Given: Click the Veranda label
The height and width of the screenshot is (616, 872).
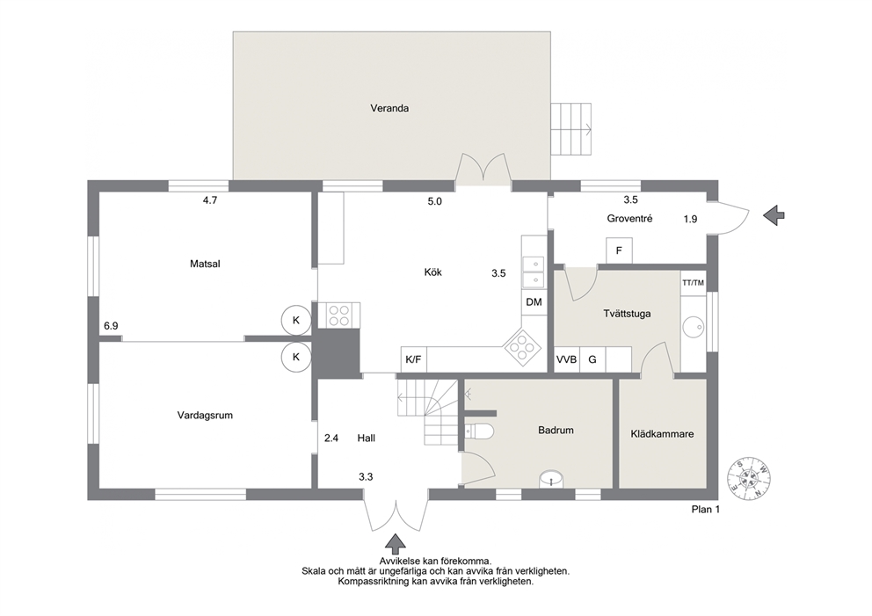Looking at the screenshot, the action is tap(389, 108).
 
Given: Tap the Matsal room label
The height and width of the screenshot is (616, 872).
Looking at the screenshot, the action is tap(205, 265).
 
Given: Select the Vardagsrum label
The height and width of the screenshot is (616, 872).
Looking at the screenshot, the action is tap(205, 416).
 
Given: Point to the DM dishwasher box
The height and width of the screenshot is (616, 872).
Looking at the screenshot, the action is tap(534, 302).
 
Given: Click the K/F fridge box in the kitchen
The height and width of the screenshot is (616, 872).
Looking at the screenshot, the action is tap(413, 359).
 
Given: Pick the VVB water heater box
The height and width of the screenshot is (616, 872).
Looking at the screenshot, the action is tap(567, 359).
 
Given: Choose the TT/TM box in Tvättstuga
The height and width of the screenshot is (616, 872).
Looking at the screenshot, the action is tap(693, 283).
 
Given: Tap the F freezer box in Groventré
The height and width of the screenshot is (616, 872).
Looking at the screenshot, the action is tap(619, 250).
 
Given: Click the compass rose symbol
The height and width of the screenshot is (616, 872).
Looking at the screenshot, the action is tap(750, 479).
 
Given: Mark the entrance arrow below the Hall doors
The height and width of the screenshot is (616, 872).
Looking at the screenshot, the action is tap(396, 543).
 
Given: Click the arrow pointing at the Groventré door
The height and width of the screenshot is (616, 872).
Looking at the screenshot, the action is tap(773, 215).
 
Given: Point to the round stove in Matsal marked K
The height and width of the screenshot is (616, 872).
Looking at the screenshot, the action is tap(296, 320).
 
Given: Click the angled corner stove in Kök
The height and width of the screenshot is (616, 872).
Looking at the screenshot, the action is tap(522, 347).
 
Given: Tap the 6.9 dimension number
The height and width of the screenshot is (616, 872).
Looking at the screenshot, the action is tap(111, 326).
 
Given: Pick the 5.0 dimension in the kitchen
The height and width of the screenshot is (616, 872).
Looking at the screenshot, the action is tap(434, 202).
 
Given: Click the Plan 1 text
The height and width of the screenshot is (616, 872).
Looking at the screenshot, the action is tap(705, 510).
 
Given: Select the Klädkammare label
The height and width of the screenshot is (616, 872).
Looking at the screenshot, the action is tap(662, 434).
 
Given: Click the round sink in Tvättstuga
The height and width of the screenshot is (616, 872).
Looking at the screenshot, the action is tap(694, 327).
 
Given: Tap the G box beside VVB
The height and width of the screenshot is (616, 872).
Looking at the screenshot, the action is tap(592, 359).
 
